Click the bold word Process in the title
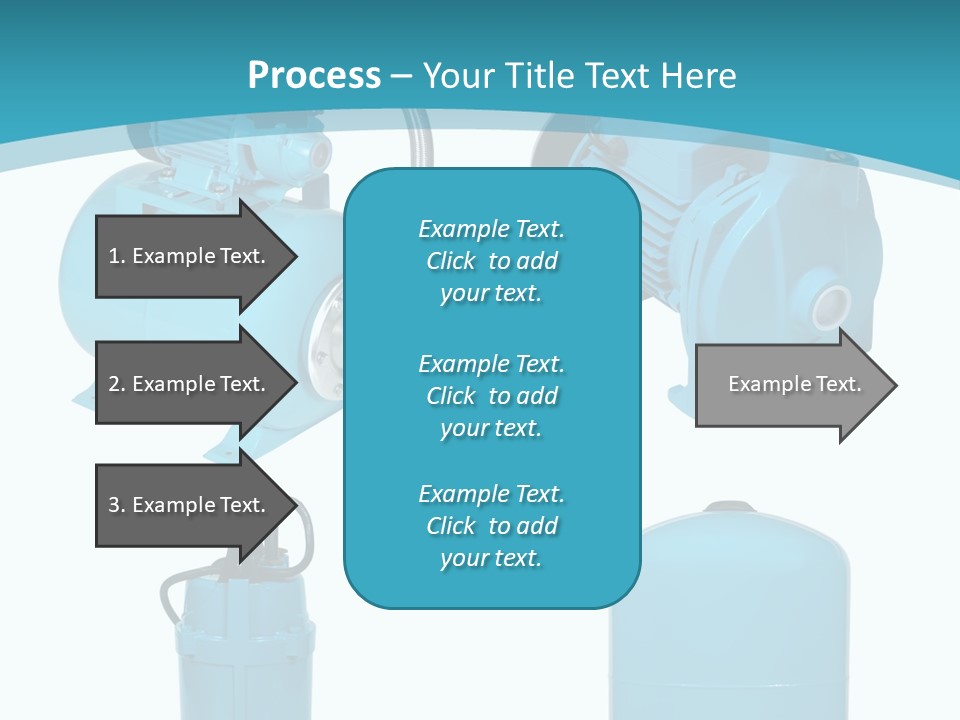(314, 75)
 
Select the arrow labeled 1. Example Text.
(190, 256)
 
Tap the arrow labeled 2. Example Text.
(190, 384)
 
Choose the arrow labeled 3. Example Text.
(190, 505)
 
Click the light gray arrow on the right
(790, 384)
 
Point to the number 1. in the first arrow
(117, 256)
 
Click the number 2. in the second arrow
(117, 384)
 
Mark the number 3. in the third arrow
(117, 505)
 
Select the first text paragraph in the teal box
(491, 261)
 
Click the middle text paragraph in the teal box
(491, 396)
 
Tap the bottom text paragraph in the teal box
(491, 526)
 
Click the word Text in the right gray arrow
(838, 384)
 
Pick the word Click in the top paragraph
(451, 261)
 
